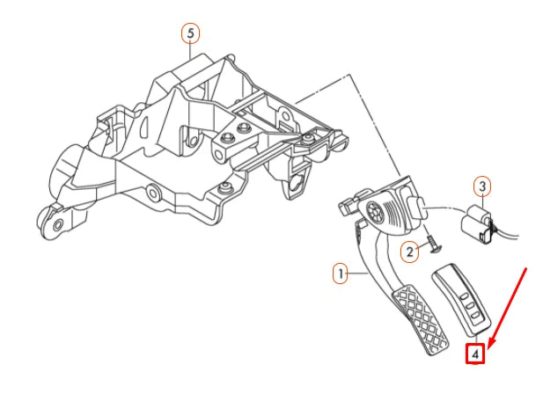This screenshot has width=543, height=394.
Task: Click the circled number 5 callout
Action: (x=190, y=33)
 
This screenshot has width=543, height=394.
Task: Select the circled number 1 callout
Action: (x=339, y=274)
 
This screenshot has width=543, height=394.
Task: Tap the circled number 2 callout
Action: (x=409, y=252)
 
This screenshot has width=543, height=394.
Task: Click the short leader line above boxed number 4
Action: (x=475, y=339)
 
